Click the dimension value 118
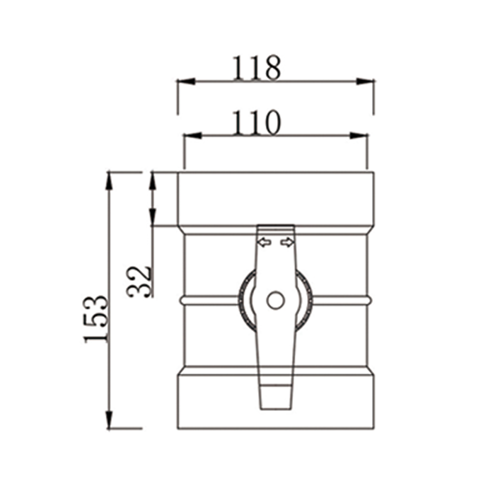pos(255,68)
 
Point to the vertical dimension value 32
pos(139,281)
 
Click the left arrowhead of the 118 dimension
pos(186,81)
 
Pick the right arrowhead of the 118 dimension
pos(365,81)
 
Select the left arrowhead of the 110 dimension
pos(192,135)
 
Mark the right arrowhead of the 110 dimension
pos(359,135)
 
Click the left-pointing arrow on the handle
pos(264,242)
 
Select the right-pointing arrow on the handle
pos(287,242)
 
